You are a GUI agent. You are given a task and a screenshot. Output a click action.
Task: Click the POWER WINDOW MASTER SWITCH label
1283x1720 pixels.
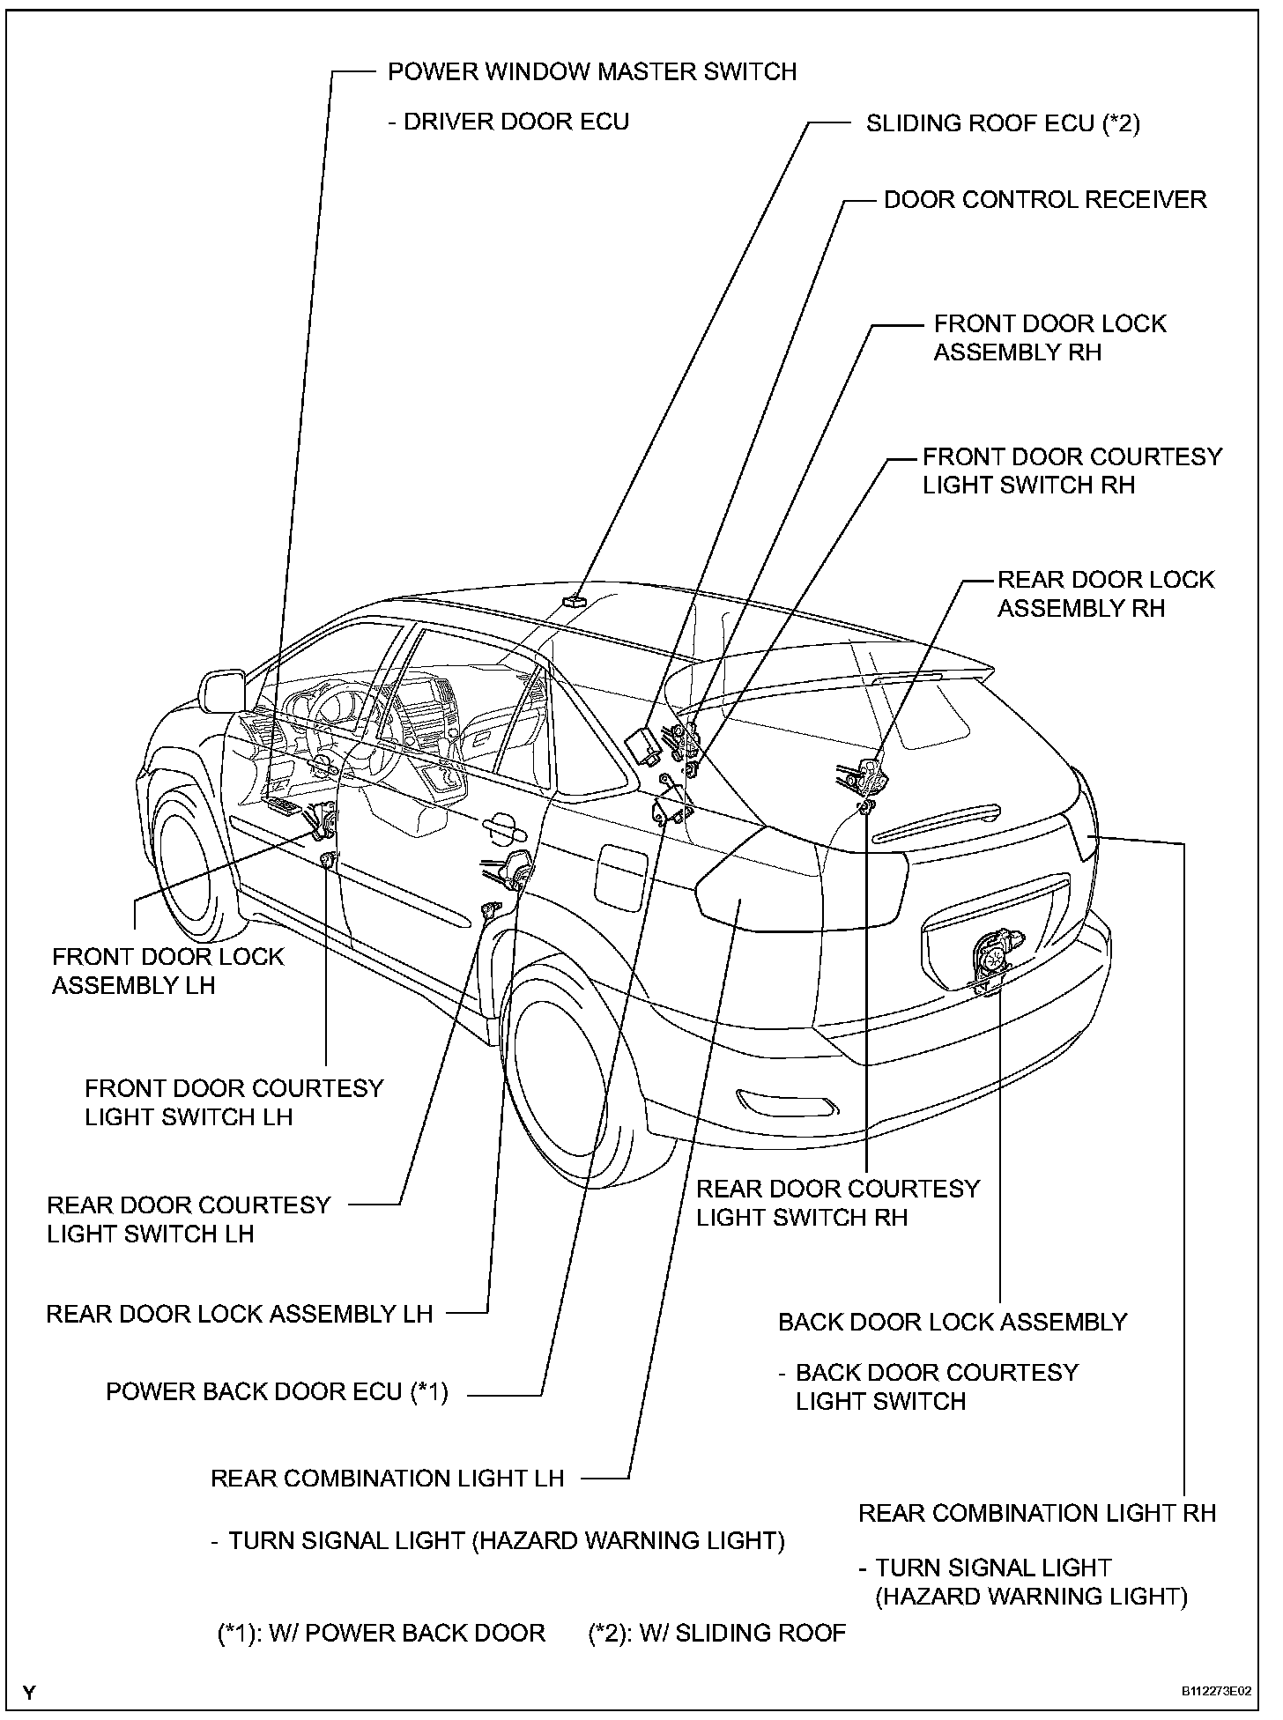pos(592,71)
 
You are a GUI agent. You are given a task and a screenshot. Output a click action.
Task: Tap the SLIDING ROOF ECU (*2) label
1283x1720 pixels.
pos(1003,123)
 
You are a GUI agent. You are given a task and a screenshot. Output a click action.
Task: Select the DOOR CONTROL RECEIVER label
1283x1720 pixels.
pos(1045,200)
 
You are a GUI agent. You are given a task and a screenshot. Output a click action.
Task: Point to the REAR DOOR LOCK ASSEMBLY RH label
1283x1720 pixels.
pos(1105,594)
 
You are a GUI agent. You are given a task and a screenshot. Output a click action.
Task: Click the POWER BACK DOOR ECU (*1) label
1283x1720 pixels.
pos(277,1392)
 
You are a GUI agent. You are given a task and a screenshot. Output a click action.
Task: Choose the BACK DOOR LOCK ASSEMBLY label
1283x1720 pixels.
pos(953,1322)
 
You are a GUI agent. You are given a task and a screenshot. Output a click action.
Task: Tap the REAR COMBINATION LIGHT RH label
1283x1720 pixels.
pos(1036,1513)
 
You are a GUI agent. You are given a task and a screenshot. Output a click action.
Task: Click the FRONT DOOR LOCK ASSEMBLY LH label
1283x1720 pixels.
pos(167,970)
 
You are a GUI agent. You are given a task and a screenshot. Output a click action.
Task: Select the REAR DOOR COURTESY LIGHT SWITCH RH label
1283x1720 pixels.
pos(837,1203)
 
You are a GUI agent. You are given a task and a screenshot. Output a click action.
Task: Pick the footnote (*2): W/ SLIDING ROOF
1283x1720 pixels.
pos(716,1633)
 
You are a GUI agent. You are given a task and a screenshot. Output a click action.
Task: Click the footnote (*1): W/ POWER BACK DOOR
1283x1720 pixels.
pos(381,1633)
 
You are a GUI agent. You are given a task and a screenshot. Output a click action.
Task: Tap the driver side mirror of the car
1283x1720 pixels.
pos(222,691)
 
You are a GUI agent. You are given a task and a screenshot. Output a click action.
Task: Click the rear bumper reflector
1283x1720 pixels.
pos(787,1101)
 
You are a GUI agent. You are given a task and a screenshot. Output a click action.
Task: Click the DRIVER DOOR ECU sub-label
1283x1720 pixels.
pos(508,122)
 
